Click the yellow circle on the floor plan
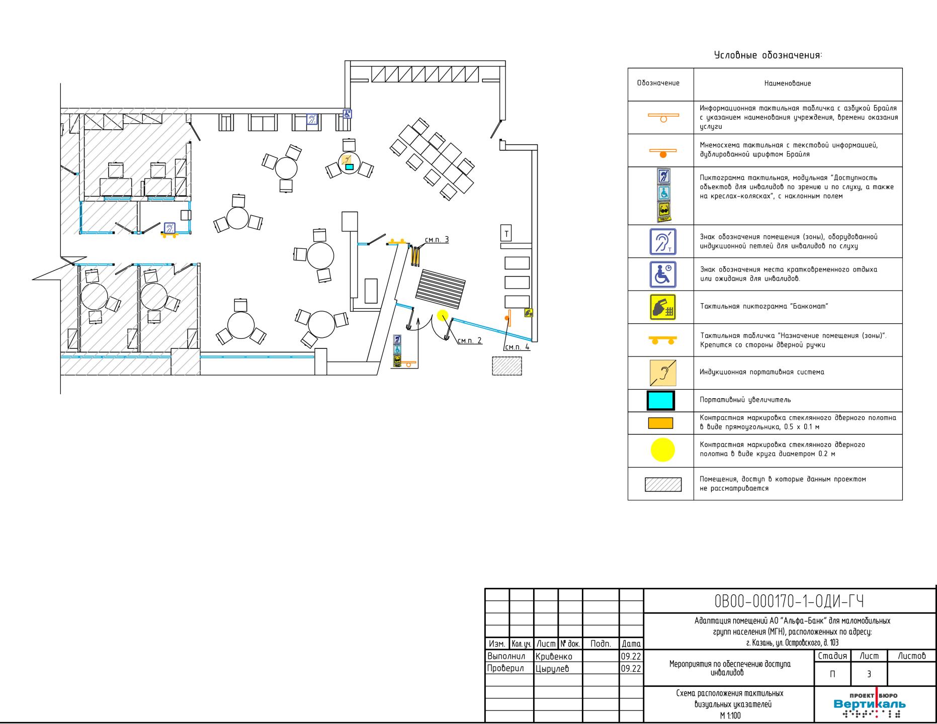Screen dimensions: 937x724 click(442, 316)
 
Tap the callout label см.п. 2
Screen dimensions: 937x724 click(469, 340)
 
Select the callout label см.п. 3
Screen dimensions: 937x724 click(437, 240)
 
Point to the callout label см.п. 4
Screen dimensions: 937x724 click(517, 346)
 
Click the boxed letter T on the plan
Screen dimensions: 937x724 click(506, 233)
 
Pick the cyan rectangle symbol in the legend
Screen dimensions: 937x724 click(660, 400)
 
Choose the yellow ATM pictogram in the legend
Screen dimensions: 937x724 click(662, 307)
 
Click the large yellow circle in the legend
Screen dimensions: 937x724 click(662, 450)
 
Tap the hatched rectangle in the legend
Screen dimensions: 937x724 click(663, 485)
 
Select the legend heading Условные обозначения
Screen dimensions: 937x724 click(768, 55)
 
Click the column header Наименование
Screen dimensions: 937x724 click(788, 83)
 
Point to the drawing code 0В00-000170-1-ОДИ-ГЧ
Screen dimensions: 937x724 click(789, 601)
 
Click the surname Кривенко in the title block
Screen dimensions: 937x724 click(554, 657)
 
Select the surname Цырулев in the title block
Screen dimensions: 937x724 click(552, 669)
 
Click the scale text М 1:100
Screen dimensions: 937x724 click(730, 716)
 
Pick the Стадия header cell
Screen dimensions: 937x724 click(832, 656)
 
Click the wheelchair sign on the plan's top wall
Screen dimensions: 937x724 click(347, 114)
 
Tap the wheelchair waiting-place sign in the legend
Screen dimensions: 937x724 click(662, 275)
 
